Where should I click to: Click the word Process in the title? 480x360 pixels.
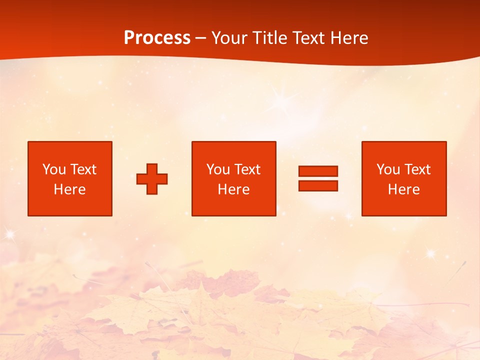click(157, 38)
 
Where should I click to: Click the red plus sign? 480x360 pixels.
click(152, 179)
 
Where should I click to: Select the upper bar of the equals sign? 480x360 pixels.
click(318, 171)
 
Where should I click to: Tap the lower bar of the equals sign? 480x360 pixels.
click(318, 186)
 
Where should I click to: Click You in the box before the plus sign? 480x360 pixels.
click(54, 169)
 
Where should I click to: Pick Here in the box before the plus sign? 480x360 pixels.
click(69, 189)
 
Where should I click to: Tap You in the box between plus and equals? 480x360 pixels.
click(218, 169)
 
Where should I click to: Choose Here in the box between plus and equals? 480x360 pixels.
click(233, 189)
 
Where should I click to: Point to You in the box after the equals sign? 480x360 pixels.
click(388, 169)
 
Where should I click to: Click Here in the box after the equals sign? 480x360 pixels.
click(403, 189)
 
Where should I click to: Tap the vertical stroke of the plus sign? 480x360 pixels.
click(152, 170)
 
